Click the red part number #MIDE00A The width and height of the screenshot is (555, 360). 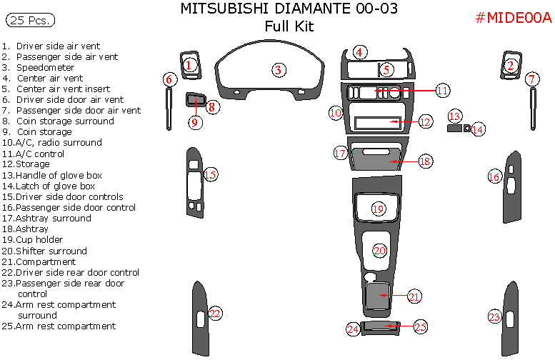[x=513, y=18]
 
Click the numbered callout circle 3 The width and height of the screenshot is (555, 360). [x=279, y=69]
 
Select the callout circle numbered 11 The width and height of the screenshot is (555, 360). [x=442, y=90]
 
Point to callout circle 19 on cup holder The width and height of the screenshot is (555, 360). [x=378, y=209]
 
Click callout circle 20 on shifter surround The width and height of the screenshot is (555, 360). [x=379, y=251]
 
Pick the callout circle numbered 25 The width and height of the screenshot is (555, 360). [x=420, y=326]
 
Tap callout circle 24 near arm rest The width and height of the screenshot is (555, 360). [x=353, y=329]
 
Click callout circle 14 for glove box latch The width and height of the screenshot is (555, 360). [x=477, y=129]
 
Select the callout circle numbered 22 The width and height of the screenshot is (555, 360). [x=215, y=313]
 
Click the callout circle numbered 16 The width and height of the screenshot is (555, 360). [x=494, y=176]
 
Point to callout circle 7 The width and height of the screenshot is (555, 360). [x=531, y=79]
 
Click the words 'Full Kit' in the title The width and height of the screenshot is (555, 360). [x=289, y=27]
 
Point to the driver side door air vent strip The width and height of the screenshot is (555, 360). [x=169, y=109]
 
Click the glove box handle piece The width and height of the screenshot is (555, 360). [x=454, y=129]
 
